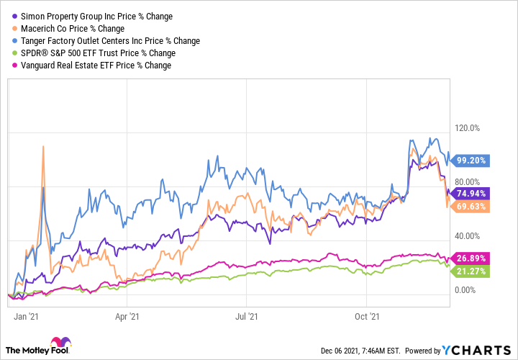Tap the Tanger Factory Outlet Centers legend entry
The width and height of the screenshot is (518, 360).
pos(108,41)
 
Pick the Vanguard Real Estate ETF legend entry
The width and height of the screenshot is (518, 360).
pos(93,66)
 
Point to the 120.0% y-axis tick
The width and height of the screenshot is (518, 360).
pos(468,128)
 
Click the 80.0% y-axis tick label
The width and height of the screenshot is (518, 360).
pos(467,181)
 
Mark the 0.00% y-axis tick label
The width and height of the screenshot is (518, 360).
pos(467,290)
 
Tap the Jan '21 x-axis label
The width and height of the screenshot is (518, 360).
pos(26,315)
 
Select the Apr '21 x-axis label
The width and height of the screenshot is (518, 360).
pos(127,315)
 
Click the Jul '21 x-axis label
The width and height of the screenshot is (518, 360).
pos(247,315)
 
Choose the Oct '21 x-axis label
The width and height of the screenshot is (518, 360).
pos(368,315)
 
